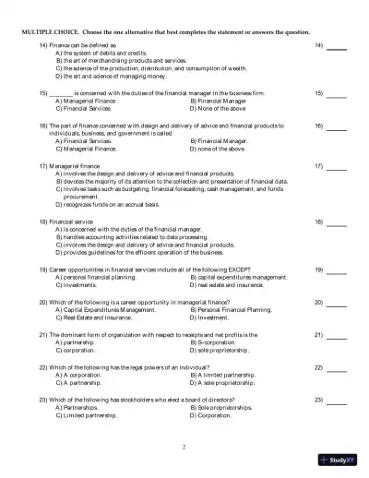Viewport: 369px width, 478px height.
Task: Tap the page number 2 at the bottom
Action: [184, 446]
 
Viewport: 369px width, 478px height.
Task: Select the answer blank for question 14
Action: [337, 45]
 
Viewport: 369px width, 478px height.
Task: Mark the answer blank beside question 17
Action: [337, 166]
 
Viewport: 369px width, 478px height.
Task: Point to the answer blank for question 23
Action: [337, 400]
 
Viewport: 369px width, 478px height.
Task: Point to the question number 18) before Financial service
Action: [42, 221]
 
